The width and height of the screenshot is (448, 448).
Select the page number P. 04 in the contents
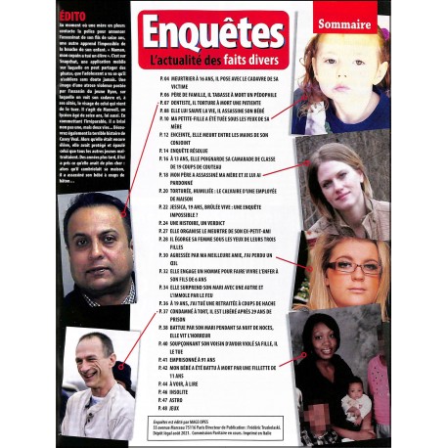point(167,75)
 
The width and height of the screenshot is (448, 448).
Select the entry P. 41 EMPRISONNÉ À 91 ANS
point(201,360)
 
